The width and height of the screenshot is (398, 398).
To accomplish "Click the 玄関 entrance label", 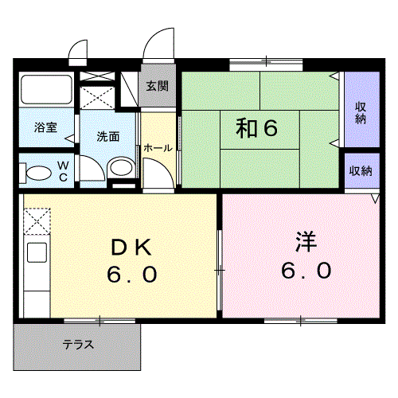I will point(157,86).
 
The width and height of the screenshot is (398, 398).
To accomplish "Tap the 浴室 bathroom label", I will point(45,127).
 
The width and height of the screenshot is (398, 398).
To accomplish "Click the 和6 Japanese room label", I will point(256,128).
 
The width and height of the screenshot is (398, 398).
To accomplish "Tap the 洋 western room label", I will point(306,240).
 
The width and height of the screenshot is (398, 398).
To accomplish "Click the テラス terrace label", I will point(79,345).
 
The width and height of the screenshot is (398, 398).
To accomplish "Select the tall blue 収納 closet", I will point(361,109).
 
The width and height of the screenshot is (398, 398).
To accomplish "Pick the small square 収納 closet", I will point(360,171).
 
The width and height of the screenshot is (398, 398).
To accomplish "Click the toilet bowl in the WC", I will point(36,172).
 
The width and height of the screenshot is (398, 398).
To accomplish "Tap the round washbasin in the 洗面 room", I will point(120,167).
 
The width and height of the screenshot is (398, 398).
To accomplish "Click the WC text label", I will point(63,172).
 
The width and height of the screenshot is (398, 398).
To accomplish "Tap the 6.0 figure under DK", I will point(132,275).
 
